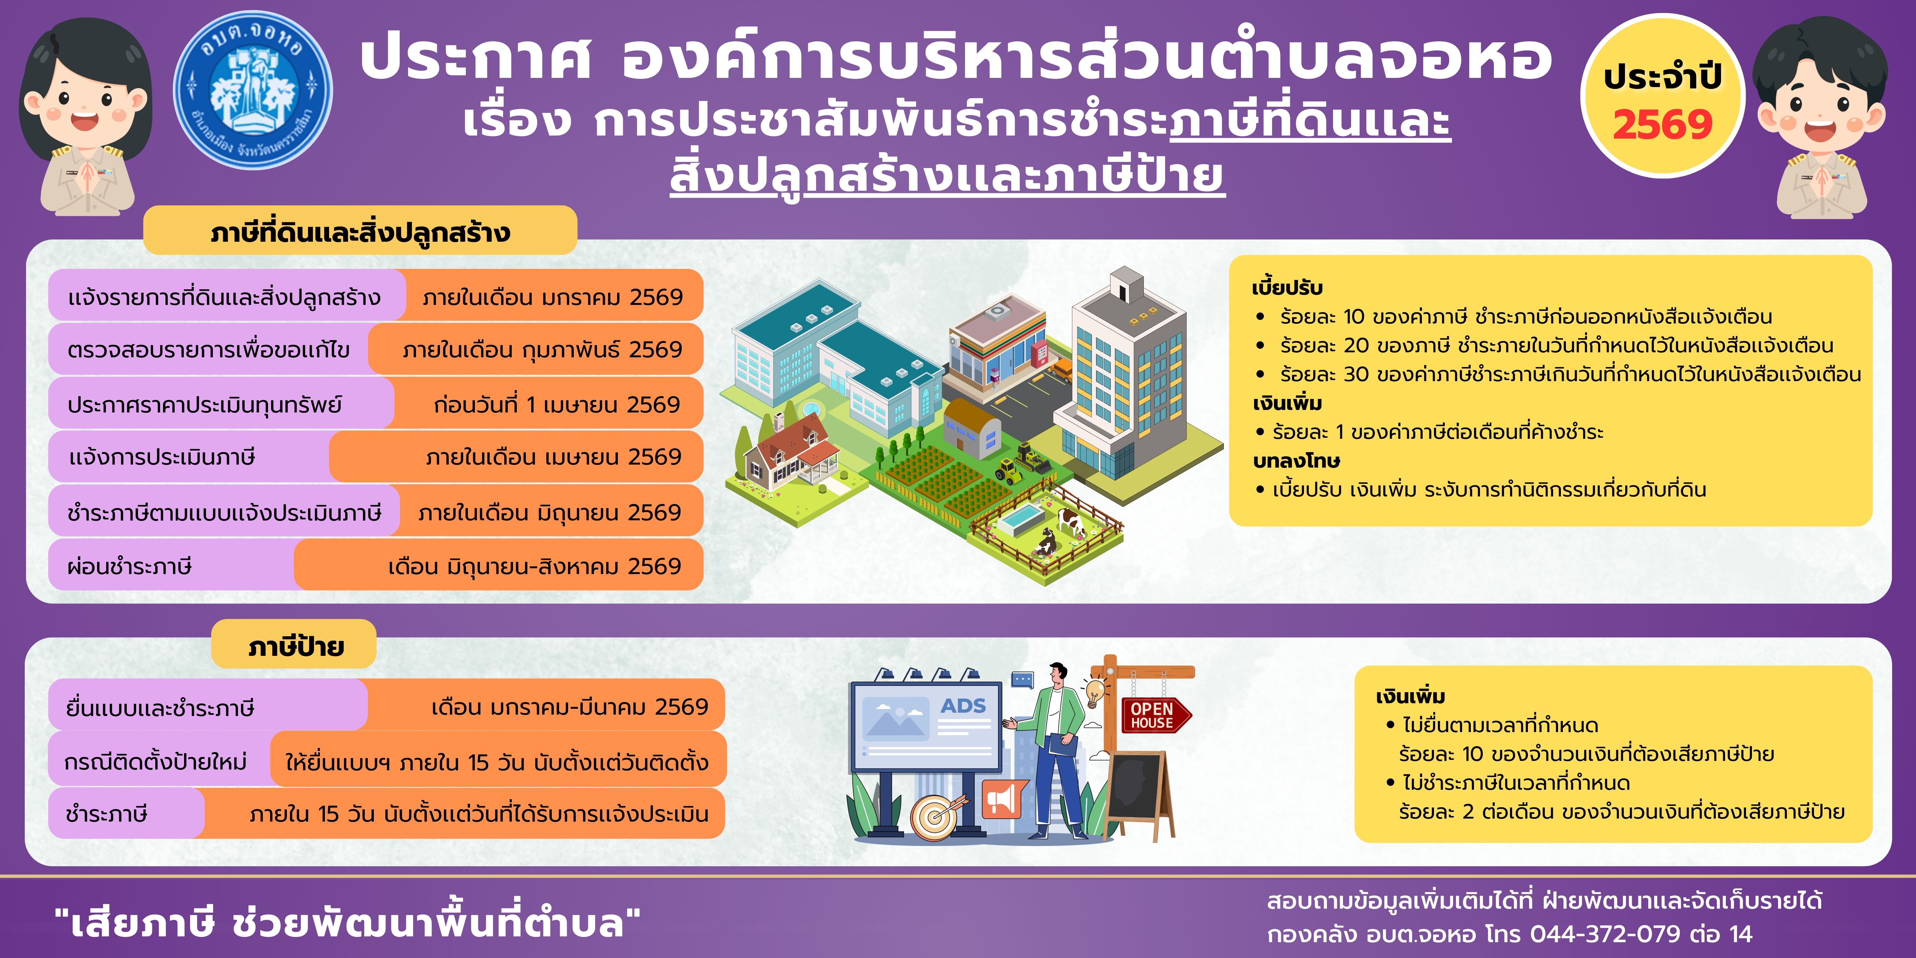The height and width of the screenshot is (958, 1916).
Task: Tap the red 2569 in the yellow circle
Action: coord(1662,124)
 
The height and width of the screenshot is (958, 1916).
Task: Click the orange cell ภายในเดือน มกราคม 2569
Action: coord(553,296)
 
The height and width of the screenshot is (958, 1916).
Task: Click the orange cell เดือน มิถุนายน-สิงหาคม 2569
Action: coord(498,566)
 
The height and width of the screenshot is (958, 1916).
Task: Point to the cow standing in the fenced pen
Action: coord(1069,520)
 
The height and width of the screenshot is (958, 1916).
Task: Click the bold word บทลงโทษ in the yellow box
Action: coord(1296,461)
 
